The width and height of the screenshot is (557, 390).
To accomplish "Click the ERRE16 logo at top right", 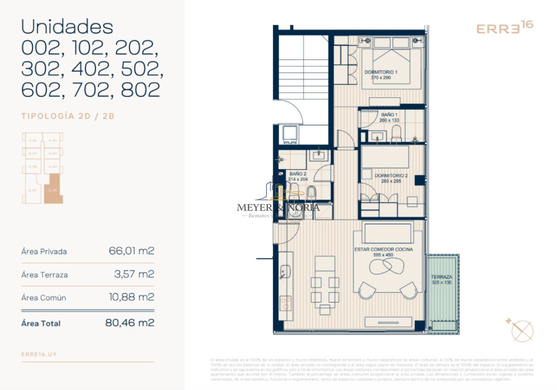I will [505, 27].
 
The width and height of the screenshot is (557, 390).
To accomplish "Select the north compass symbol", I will [521, 330].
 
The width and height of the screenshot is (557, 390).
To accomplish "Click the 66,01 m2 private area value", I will [131, 251].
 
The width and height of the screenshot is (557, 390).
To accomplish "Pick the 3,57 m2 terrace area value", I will [134, 275].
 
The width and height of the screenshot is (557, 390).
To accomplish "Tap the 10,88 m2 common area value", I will [131, 297].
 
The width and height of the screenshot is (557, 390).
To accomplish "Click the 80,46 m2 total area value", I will [130, 323].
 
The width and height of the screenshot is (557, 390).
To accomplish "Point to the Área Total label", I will [41, 323].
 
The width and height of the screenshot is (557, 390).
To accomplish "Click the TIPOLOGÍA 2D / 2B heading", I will [68, 116].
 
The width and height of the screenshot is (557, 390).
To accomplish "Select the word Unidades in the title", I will [67, 27].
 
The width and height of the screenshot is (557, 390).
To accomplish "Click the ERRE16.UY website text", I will [39, 354].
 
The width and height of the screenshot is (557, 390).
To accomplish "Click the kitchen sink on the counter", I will [285, 271].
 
